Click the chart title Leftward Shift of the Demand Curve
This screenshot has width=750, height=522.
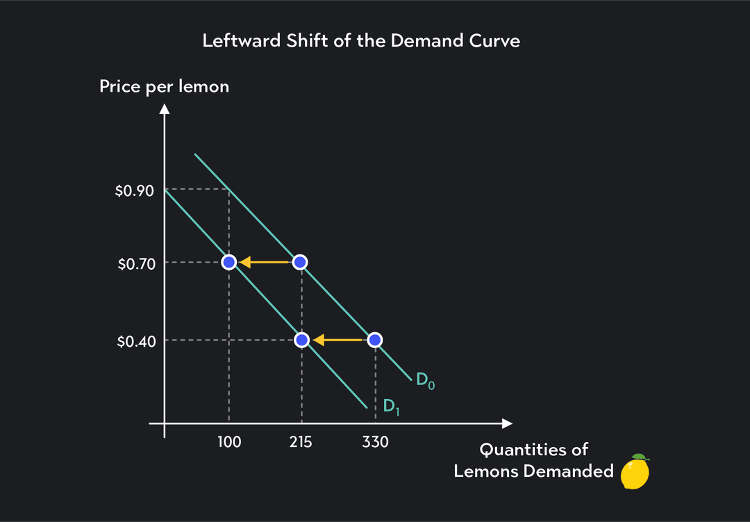pos(361,41)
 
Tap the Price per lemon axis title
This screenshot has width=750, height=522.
pos(164,87)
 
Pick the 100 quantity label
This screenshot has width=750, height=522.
pos(228,442)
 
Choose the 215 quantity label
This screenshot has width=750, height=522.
pos(301,442)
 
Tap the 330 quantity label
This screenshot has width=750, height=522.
pos(375,442)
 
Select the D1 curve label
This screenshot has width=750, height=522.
pos(392,407)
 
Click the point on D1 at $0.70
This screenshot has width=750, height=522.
pos(228,262)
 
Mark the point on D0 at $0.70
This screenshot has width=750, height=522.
pos(300,262)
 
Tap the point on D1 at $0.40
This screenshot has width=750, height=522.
pos(301,340)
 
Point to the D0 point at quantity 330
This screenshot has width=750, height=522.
pos(374,340)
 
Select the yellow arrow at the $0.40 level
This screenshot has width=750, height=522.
pos(337,340)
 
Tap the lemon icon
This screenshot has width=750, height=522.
pos(635,472)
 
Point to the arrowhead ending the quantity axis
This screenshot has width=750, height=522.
pos(507,423)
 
